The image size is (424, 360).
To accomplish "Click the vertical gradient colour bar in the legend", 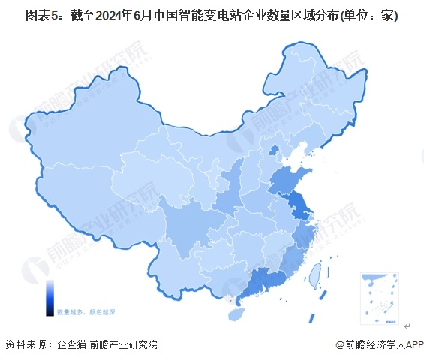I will pyautogui.click(x=50, y=296).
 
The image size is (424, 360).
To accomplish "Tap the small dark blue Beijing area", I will pyautogui.click(x=274, y=150).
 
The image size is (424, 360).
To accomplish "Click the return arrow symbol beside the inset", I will pyautogui.click(x=407, y=326).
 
